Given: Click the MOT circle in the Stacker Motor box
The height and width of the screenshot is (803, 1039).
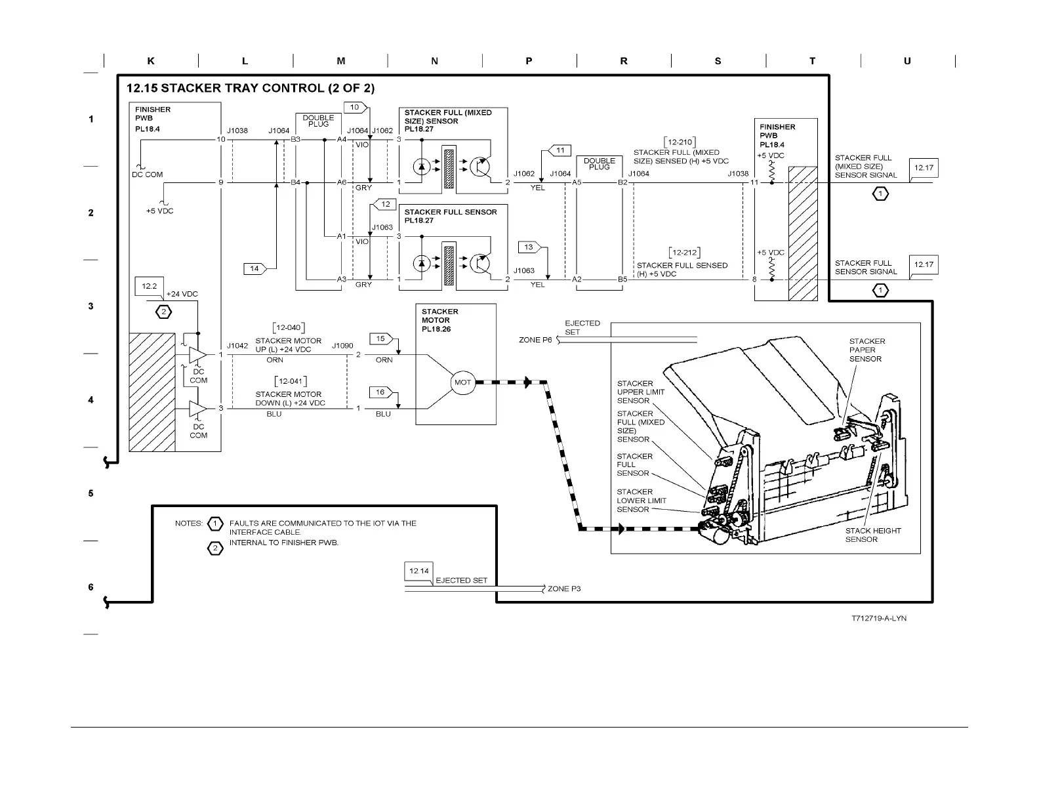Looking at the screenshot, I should click(462, 382).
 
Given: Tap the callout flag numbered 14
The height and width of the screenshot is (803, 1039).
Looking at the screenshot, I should click(254, 268).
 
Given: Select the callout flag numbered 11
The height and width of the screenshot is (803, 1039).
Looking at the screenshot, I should click(559, 150).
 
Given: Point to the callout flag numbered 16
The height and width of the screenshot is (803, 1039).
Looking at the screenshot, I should click(380, 392).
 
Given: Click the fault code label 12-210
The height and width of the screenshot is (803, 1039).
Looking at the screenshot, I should click(680, 142).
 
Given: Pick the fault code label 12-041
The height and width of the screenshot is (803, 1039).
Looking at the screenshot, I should click(290, 381).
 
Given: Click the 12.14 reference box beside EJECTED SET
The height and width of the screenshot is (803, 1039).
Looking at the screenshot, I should click(418, 571).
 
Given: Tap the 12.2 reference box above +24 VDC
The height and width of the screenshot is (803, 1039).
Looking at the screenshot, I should click(150, 286).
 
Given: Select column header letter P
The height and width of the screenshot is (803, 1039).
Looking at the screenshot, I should click(529, 61).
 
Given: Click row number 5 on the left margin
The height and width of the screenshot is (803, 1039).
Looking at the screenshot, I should click(91, 493).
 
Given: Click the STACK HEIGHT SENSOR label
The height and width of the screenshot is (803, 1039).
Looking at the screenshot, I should click(872, 535).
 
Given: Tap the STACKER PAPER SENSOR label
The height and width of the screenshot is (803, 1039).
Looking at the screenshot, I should click(866, 350).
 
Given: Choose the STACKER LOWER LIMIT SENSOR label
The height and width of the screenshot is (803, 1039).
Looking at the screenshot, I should click(641, 501).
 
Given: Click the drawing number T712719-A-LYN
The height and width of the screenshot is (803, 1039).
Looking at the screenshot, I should click(879, 619).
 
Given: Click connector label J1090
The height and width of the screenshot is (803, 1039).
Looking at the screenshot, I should click(342, 346).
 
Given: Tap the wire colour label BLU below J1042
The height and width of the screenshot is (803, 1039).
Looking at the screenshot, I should click(274, 414).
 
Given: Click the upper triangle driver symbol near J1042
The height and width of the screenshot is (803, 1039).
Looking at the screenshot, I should click(197, 355).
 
